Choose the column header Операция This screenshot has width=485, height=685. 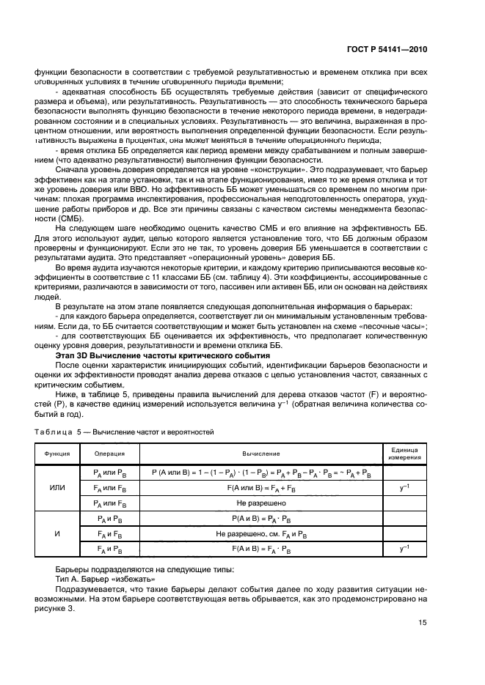pyautogui.click(x=109, y=453)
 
